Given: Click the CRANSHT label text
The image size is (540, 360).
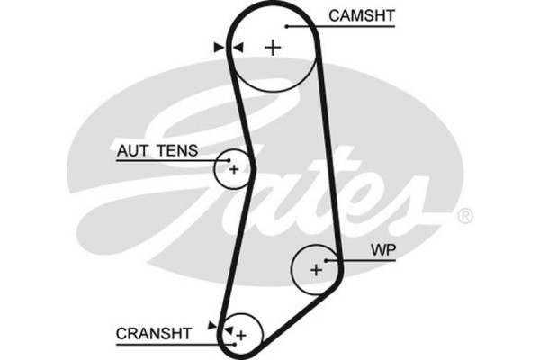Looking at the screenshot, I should click(154, 333).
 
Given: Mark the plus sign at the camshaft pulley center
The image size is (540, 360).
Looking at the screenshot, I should click(274, 47).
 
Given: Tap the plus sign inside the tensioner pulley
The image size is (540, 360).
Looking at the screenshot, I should click(233, 168).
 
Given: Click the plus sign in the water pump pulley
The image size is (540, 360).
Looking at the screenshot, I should click(316, 268).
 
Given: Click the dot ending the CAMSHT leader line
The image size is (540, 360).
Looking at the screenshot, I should click(286, 26).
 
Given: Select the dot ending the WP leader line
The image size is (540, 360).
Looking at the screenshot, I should click(328, 260).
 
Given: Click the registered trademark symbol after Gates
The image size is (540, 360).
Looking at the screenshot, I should click(464, 216).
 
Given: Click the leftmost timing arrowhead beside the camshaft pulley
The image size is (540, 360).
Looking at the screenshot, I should click(218, 47).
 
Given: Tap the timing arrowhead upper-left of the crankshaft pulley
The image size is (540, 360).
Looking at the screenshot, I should click(212, 323).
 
